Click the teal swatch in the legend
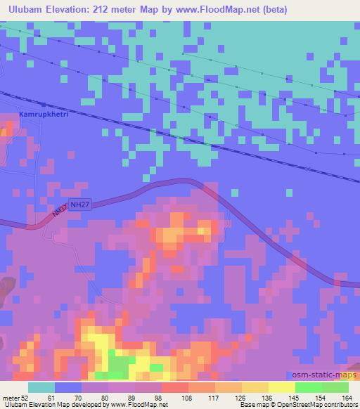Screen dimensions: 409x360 pyautogui.click(x=41, y=387)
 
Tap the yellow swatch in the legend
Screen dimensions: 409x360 pyautogui.click(x=281, y=387)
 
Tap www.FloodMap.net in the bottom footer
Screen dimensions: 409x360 pyautogui.click(x=138, y=405)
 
